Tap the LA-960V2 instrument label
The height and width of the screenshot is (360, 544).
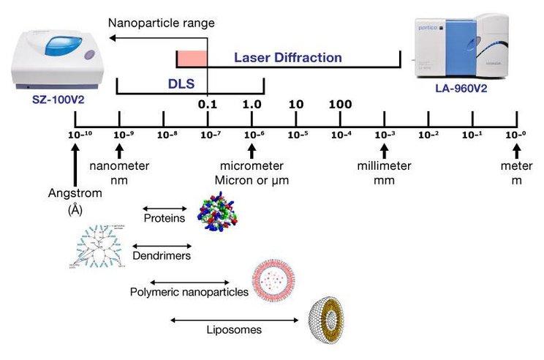tap(462, 88)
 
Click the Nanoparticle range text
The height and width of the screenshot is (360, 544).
tap(162, 23)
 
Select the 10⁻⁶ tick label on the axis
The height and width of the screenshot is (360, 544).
tap(252, 135)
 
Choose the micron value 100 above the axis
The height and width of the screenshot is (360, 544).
tap(340, 105)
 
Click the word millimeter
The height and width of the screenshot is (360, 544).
tap(384, 166)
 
